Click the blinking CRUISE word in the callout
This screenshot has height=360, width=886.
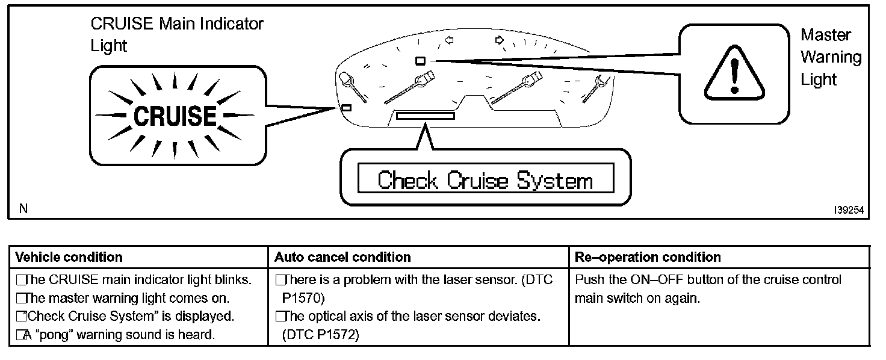coord(175,116)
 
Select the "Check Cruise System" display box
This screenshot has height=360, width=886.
coord(485,181)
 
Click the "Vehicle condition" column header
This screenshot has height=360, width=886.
coord(69,257)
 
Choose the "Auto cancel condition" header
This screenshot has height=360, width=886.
coord(342,257)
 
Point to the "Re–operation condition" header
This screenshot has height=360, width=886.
coord(648,257)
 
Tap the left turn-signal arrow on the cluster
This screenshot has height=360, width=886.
coord(448,40)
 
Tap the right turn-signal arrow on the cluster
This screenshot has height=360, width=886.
coord(499,40)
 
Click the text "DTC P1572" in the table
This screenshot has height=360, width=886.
coord(320,335)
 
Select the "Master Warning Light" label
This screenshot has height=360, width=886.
coord(831,57)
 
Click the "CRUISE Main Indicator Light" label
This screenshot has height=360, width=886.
coord(176,34)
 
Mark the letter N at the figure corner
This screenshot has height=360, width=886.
coord(23,209)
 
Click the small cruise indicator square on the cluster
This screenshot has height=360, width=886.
coord(346,108)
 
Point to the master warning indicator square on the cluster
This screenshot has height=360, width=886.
coord(421,60)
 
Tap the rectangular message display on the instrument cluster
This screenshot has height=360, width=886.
coord(425,115)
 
